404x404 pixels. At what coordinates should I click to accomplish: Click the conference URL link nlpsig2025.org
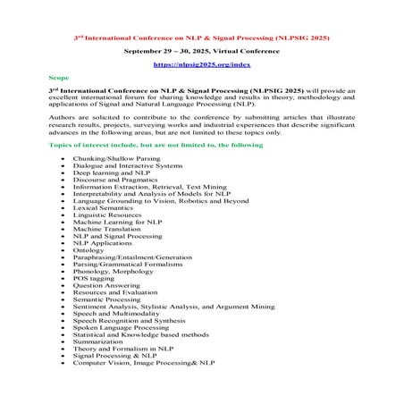201,65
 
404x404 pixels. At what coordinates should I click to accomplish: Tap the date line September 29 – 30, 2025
201,52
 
